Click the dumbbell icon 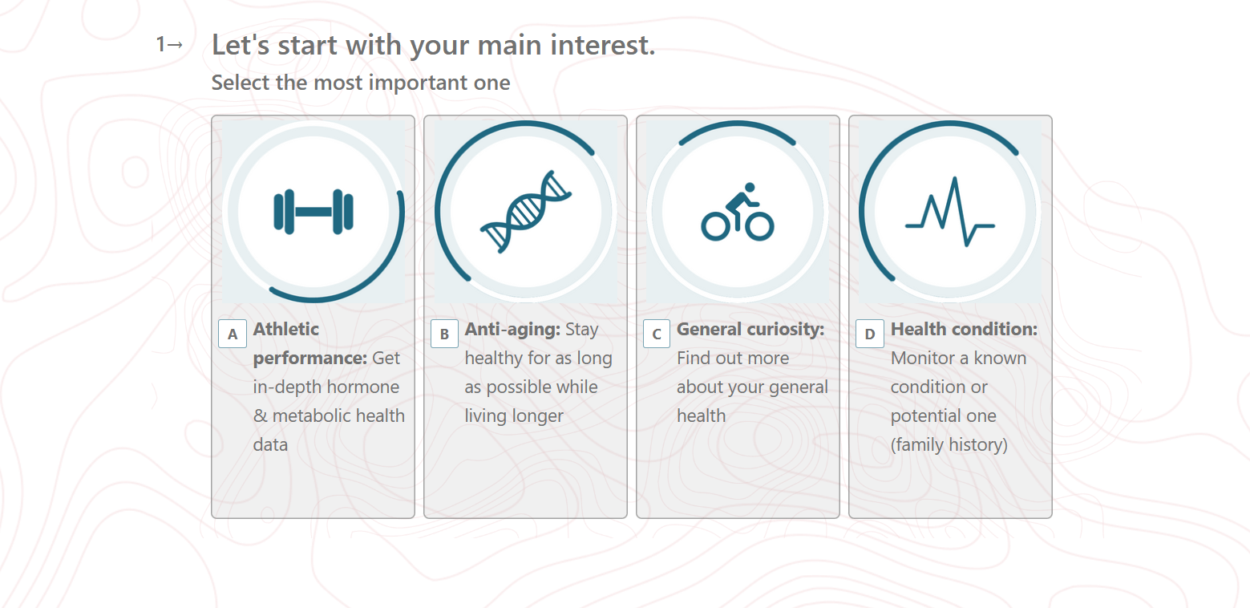[313, 212]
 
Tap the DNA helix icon [526, 212]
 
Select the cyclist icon [737, 212]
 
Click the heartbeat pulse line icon [950, 212]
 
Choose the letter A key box [233, 334]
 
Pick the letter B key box [444, 334]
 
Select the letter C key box [656, 334]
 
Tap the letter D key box [869, 334]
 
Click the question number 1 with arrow [169, 44]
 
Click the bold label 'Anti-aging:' [512, 330]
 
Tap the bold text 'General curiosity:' [750, 330]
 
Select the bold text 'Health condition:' [964, 330]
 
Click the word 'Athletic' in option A [285, 330]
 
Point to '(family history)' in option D [949, 445]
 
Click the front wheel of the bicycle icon [759, 226]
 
